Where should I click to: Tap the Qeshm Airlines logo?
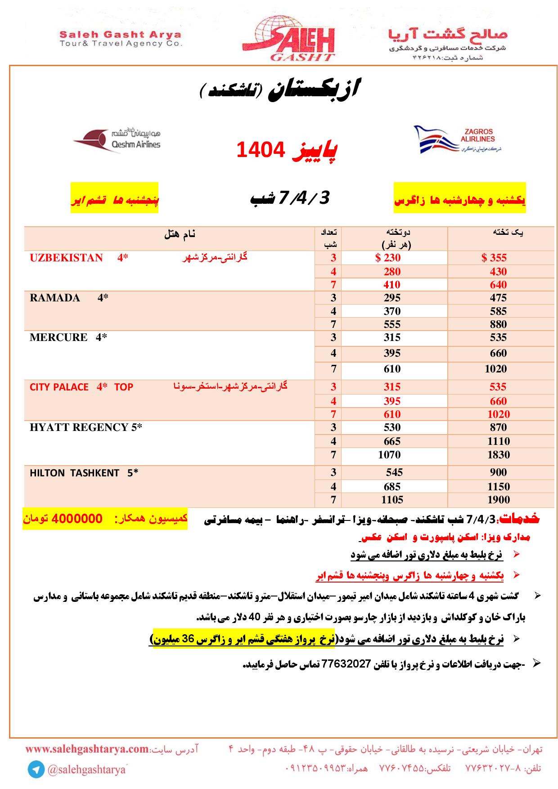[117, 139]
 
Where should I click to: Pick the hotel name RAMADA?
[55, 298]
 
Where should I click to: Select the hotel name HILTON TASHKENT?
[74, 473]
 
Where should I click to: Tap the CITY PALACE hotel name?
[59, 387]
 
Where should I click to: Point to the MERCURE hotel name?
[58, 337]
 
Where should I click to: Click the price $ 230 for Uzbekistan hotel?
[388, 258]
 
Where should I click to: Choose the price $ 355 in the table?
[494, 258]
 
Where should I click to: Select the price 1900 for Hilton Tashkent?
[499, 500]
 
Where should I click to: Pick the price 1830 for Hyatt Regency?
[499, 455]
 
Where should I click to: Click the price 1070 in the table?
[389, 455]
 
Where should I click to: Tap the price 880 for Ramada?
[499, 324]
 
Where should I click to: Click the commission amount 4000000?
[77, 519]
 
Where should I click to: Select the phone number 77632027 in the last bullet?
[346, 663]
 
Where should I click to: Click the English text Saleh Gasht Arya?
[121, 34]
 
